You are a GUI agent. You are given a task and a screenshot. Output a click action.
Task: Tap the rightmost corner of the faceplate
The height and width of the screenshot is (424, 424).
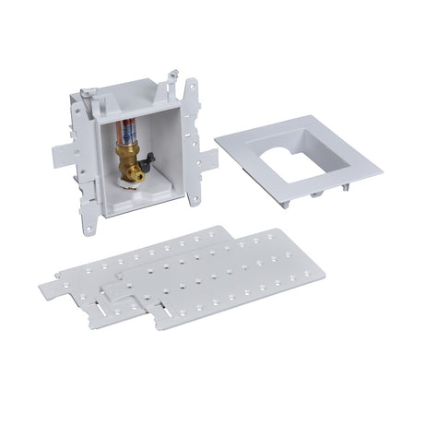coord(378,168)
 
